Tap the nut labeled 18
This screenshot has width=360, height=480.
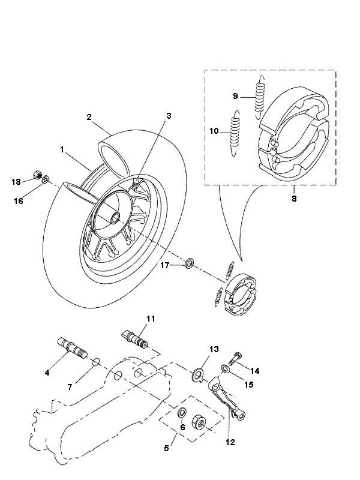[36, 176]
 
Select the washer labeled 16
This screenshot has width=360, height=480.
[46, 180]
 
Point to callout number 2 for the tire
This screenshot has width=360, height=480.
[89, 118]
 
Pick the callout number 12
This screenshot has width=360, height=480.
[230, 442]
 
